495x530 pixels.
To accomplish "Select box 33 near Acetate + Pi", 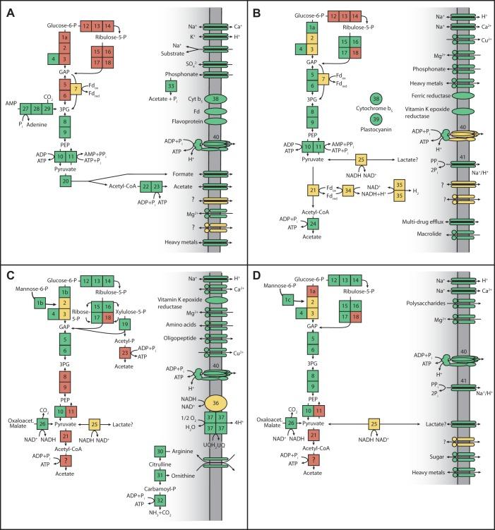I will tap(170, 85).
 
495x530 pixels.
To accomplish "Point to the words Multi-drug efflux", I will tap(402, 222).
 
